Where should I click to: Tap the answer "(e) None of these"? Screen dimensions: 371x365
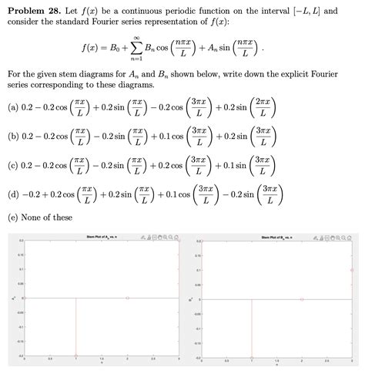click(x=41, y=218)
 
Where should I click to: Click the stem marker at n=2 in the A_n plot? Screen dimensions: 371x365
click(x=128, y=298)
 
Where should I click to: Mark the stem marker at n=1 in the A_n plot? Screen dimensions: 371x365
click(x=75, y=356)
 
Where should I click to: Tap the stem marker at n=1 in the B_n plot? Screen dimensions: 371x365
click(x=251, y=356)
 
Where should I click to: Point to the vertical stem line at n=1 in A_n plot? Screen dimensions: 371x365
click(x=75, y=327)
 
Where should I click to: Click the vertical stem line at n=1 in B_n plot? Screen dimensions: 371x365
click(x=251, y=327)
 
